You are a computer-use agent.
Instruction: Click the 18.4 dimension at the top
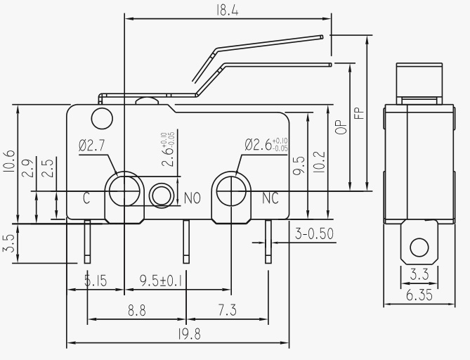pyautogui.click(x=227, y=11)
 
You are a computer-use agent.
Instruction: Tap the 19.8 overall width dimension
pyautogui.click(x=189, y=334)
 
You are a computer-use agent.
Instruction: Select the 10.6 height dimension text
pyautogui.click(x=8, y=161)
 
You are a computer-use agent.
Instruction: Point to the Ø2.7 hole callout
pyautogui.click(x=92, y=146)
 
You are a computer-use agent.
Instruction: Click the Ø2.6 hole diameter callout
pyautogui.click(x=266, y=145)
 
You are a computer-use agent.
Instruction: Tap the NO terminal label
pyautogui.click(x=192, y=198)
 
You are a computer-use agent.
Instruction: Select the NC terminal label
pyautogui.click(x=270, y=198)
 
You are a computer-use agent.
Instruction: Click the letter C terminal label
pyautogui.click(x=86, y=198)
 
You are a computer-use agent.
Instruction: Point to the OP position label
pyautogui.click(x=341, y=127)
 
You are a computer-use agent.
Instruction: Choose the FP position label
pyautogui.click(x=359, y=112)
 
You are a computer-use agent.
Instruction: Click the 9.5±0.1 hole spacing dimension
pyautogui.click(x=161, y=281)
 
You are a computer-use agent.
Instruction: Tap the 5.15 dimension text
pyautogui.click(x=96, y=281)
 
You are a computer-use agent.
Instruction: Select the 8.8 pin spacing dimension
pyautogui.click(x=137, y=310)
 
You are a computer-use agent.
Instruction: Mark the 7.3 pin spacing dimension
pyautogui.click(x=227, y=310)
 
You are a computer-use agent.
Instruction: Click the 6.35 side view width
pyautogui.click(x=419, y=295)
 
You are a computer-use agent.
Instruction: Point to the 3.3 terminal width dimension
pyautogui.click(x=419, y=274)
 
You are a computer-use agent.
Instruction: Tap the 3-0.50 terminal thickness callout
pyautogui.click(x=314, y=233)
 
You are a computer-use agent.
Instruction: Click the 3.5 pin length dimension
pyautogui.click(x=8, y=243)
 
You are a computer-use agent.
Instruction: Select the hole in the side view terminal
pyautogui.click(x=419, y=247)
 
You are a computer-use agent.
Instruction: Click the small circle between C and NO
pyautogui.click(x=162, y=195)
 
